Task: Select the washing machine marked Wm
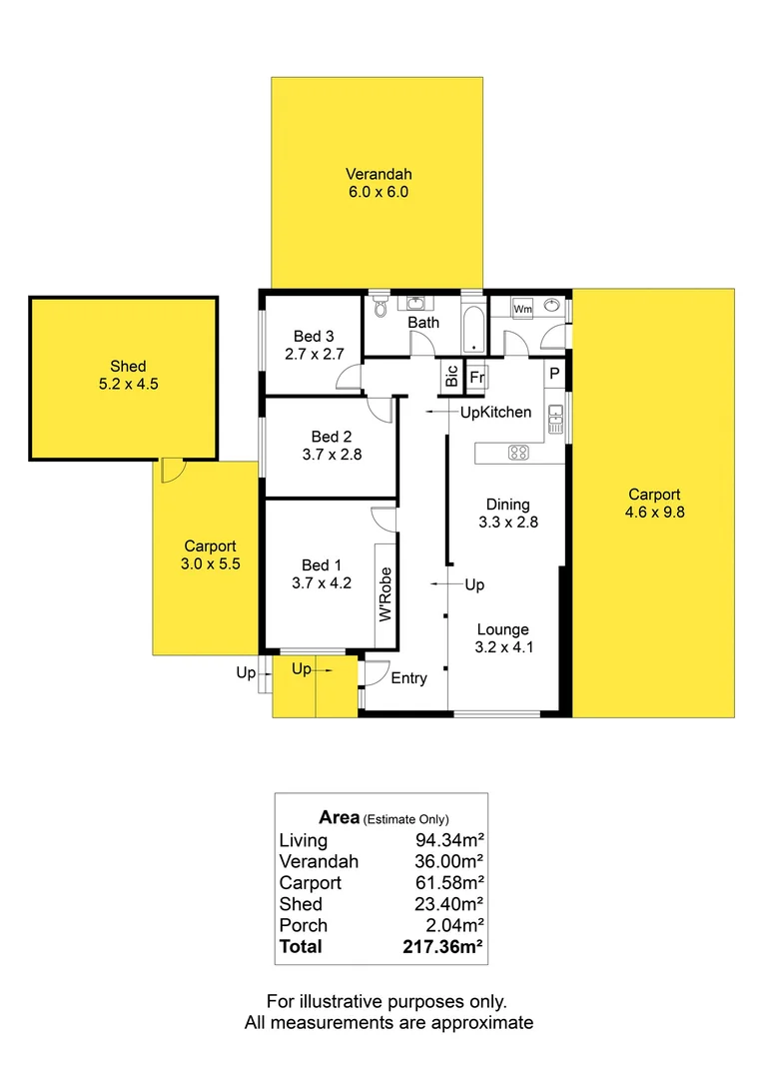(522, 310)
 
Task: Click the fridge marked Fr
(477, 378)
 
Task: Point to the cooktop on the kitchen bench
(518, 453)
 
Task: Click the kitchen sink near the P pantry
(555, 423)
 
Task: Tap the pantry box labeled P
(554, 374)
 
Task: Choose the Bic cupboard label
(451, 377)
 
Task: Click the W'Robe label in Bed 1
(384, 596)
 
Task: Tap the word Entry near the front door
(408, 678)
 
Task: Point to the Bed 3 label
(313, 336)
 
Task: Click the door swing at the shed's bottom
(171, 470)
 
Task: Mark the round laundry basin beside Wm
(551, 310)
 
